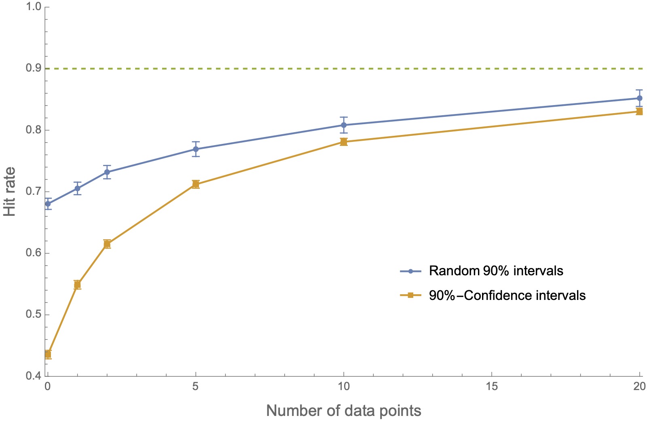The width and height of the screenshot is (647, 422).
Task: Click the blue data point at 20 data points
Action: (x=639, y=98)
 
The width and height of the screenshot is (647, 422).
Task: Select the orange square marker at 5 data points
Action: (x=196, y=184)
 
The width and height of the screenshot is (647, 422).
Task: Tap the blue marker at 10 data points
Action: (x=344, y=125)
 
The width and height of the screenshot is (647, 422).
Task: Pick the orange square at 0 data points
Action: (x=48, y=354)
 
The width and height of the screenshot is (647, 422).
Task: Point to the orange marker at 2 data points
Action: (x=107, y=244)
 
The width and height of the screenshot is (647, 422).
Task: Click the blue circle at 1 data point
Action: (x=77, y=188)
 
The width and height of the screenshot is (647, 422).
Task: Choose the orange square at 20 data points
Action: (x=639, y=112)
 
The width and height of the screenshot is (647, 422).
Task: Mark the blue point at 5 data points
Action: (x=196, y=149)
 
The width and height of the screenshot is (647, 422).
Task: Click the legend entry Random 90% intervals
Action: (x=496, y=270)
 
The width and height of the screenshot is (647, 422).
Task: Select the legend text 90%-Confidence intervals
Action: (x=507, y=295)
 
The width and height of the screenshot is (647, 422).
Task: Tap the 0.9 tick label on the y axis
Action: (x=33, y=68)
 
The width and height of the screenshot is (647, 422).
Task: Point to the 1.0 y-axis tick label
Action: (x=33, y=7)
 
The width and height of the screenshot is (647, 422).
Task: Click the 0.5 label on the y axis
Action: (x=33, y=315)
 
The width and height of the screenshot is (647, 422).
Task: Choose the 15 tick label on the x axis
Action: (x=492, y=386)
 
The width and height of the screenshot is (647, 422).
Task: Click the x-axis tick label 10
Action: (x=344, y=386)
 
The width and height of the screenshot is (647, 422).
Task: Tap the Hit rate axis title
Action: (x=10, y=192)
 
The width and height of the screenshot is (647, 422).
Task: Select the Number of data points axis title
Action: (x=344, y=411)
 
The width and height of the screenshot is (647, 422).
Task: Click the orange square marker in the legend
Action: (x=410, y=295)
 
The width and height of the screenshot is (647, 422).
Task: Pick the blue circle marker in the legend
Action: (x=410, y=271)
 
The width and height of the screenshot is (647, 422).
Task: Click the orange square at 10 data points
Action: (x=344, y=142)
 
